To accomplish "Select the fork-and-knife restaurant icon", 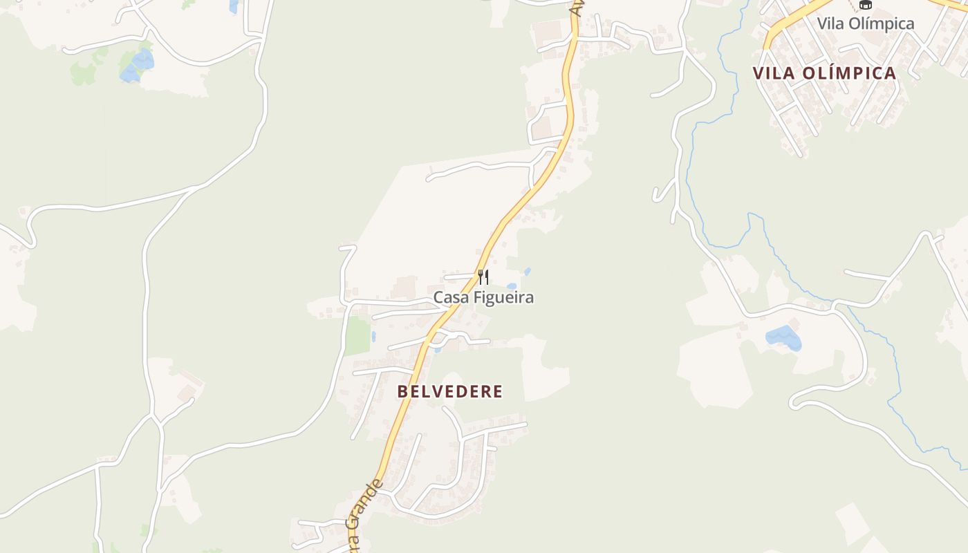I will pos(483,277).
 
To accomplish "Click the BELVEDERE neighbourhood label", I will pos(450,391).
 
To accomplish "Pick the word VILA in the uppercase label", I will pos(772,73).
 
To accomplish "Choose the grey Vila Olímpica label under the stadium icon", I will pos(865,24).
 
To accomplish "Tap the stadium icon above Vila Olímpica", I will pos(865,4).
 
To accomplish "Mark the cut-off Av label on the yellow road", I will pos(575,7).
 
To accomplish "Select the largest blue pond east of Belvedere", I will pos(783,337).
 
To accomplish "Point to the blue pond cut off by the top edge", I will pos(234,6).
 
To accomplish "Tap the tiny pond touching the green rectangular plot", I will pos(373,337).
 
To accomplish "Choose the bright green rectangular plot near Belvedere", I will pos(357,336).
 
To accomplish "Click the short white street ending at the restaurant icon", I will pos(459,276).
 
